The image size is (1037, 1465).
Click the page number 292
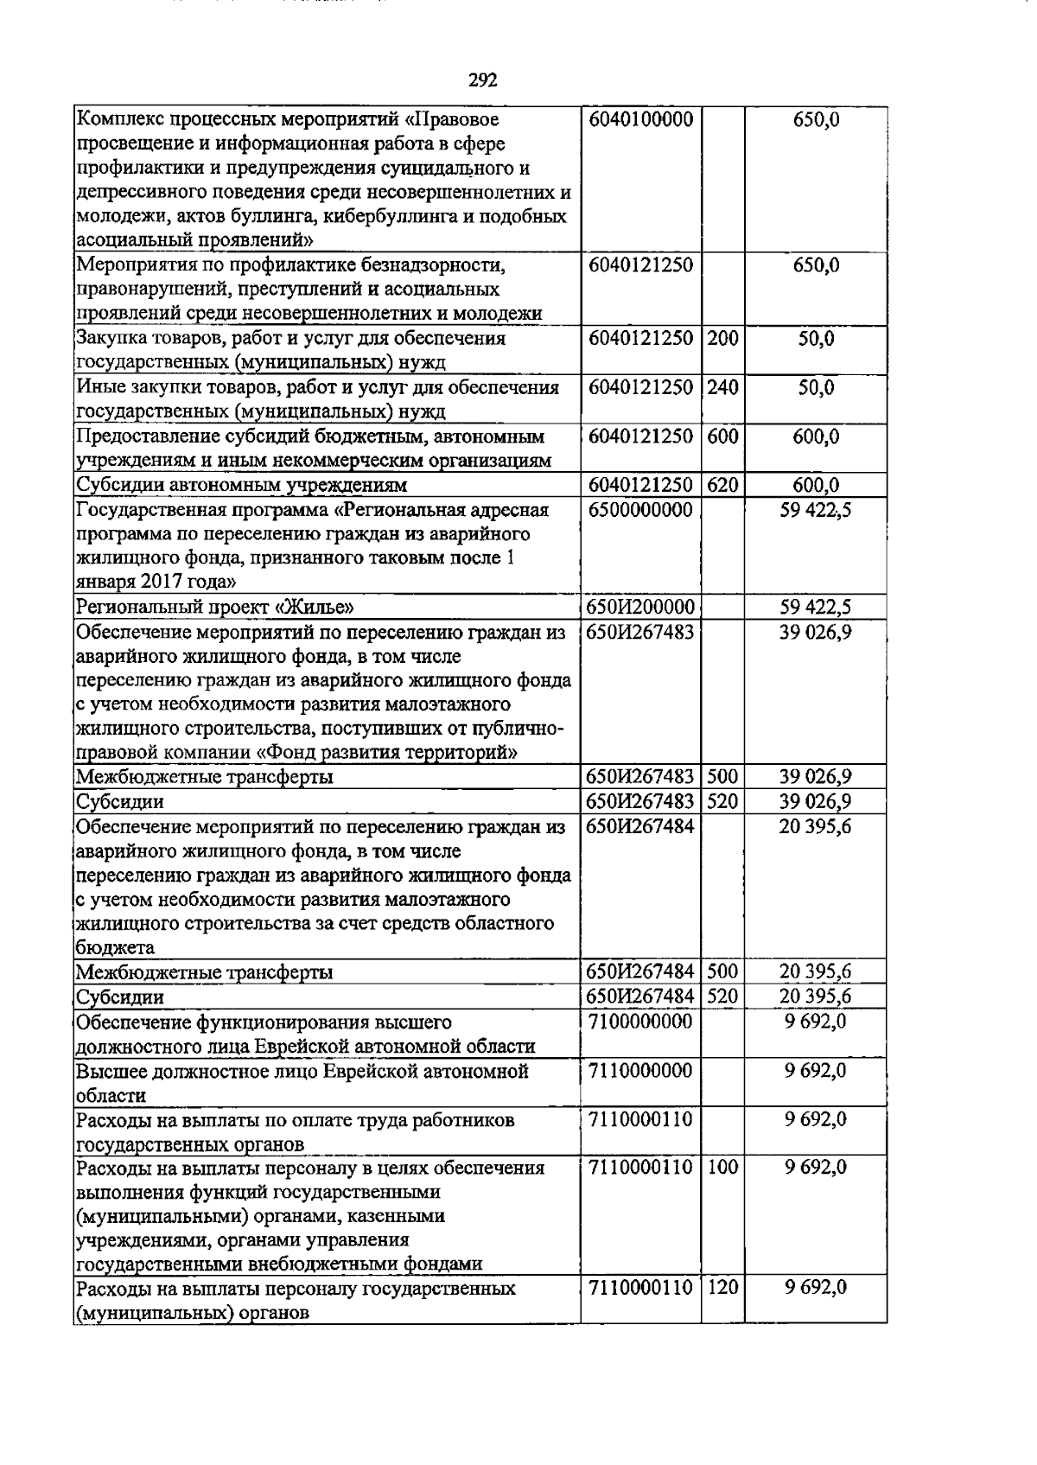pyautogui.click(x=483, y=80)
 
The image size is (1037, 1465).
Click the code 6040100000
pyautogui.click(x=640, y=119)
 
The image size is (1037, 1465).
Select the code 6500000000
pyautogui.click(x=640, y=510)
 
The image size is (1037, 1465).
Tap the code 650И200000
pyautogui.click(x=640, y=608)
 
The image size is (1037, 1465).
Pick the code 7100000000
pyautogui.click(x=640, y=1022)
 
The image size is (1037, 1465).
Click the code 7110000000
pyautogui.click(x=640, y=1071)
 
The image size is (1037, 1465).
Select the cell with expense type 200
pyautogui.click(x=722, y=339)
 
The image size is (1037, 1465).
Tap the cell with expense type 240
pyautogui.click(x=722, y=387)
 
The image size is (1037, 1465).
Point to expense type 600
pyautogui.click(x=722, y=436)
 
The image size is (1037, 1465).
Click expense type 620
pyautogui.click(x=722, y=486)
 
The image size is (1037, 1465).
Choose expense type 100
pyautogui.click(x=722, y=1168)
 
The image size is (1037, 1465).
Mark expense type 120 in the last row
pyautogui.click(x=722, y=1288)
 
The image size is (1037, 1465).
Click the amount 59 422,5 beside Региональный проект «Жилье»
pyautogui.click(x=816, y=608)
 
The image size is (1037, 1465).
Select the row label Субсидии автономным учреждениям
pyautogui.click(x=242, y=486)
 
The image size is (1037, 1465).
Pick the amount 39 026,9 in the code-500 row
pyautogui.click(x=816, y=776)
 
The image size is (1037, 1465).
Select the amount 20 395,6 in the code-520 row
pyautogui.click(x=816, y=997)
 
